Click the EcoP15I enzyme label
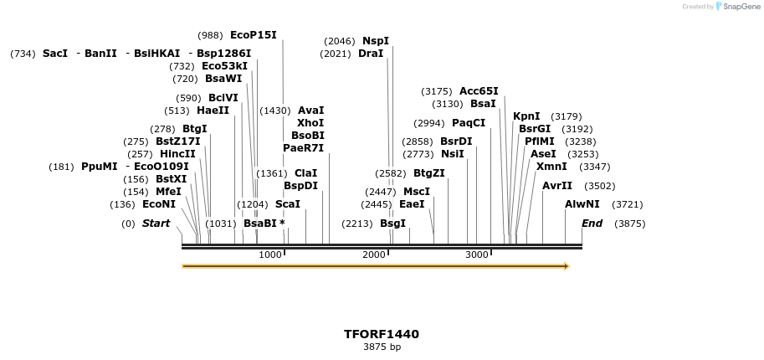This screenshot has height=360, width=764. coord(253,35)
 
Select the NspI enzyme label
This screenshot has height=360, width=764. coord(376,41)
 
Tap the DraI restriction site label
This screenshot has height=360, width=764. coord(371,54)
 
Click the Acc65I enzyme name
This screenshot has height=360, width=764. coord(479,91)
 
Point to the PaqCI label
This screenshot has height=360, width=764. coord(469,123)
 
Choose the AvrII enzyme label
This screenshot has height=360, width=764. coord(557,186)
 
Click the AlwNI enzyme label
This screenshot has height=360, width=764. coord(582,204)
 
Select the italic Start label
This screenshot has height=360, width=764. coord(156,224)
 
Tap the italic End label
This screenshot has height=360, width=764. coord(592,224)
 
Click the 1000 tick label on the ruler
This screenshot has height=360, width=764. coord(270,255)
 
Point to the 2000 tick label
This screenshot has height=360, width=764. coord(373,255)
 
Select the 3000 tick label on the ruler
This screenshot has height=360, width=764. coord(476,255)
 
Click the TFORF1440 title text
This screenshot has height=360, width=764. coord(382,334)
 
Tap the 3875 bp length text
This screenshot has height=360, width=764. coord(382,347)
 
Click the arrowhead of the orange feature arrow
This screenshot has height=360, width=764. coord(567,266)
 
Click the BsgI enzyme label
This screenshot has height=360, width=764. coord(392,224)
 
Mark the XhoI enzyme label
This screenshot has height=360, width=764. coord(310,123)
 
